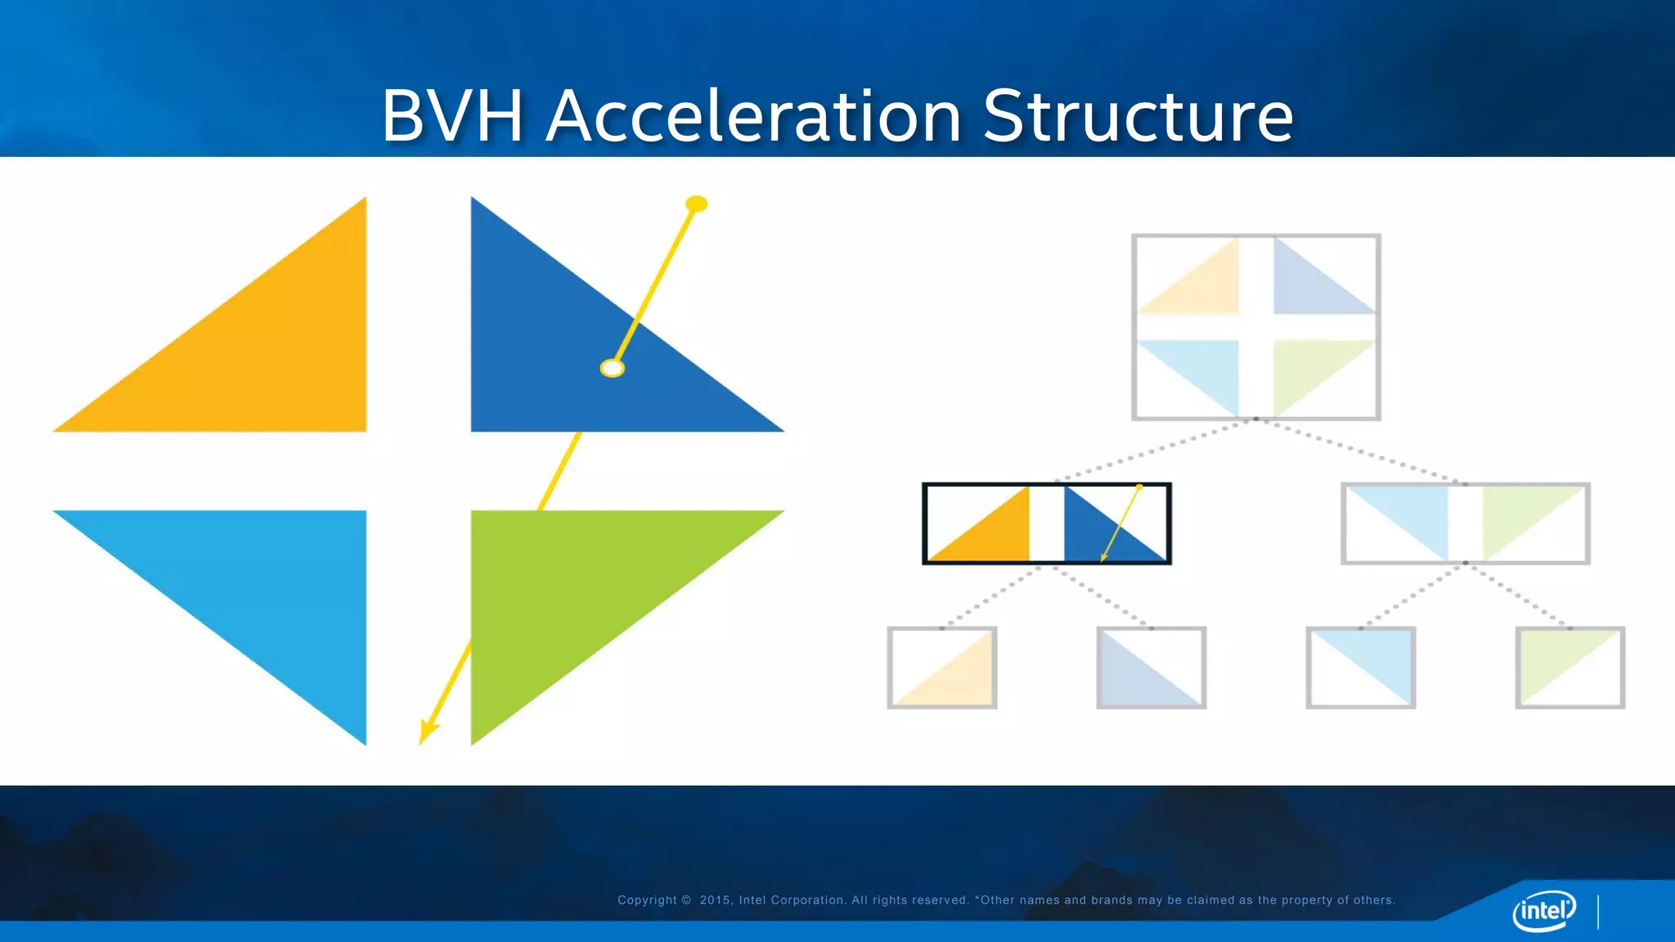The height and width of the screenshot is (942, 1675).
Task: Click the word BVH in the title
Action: [x=451, y=116]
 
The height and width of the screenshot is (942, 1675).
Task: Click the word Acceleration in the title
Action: [x=753, y=116]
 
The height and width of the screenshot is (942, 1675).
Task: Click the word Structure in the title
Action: [x=1138, y=116]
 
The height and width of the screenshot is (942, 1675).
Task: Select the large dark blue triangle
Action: [x=556, y=360]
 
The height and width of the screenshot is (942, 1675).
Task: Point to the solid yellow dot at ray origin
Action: [x=696, y=204]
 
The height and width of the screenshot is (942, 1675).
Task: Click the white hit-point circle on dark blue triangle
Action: [x=612, y=368]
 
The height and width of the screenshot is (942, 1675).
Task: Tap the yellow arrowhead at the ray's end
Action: [x=427, y=731]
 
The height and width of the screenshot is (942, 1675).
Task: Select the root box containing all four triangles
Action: [x=1255, y=327]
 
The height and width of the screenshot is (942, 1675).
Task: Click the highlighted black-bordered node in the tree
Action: [x=1046, y=523]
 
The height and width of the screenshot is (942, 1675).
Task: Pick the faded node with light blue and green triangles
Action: [x=1465, y=523]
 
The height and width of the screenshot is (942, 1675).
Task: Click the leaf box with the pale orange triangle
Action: [x=941, y=667]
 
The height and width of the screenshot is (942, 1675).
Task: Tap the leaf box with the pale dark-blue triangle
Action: [x=1151, y=667]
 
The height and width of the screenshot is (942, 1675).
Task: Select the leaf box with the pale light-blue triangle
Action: [x=1360, y=667]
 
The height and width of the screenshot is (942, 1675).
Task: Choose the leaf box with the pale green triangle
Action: [x=1569, y=667]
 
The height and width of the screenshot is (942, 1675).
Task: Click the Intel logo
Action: [x=1543, y=910]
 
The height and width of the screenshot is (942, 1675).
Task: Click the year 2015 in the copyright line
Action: [x=715, y=900]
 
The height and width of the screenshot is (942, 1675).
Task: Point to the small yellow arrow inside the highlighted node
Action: [x=1120, y=524]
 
